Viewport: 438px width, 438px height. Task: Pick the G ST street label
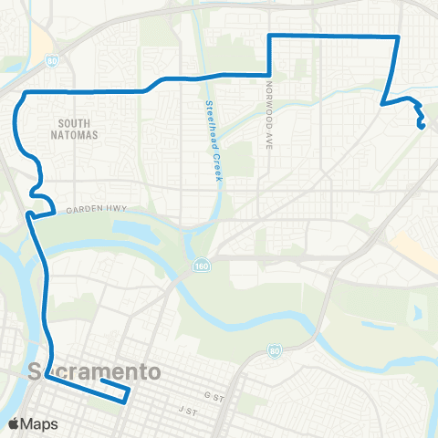(214, 395)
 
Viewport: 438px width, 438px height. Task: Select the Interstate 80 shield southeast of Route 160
(275, 350)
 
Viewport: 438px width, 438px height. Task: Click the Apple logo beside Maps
(14, 423)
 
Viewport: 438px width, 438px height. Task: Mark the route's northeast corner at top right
(399, 36)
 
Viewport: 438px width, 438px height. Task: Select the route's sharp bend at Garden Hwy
(29, 215)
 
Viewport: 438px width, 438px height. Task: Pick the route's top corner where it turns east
(270, 36)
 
